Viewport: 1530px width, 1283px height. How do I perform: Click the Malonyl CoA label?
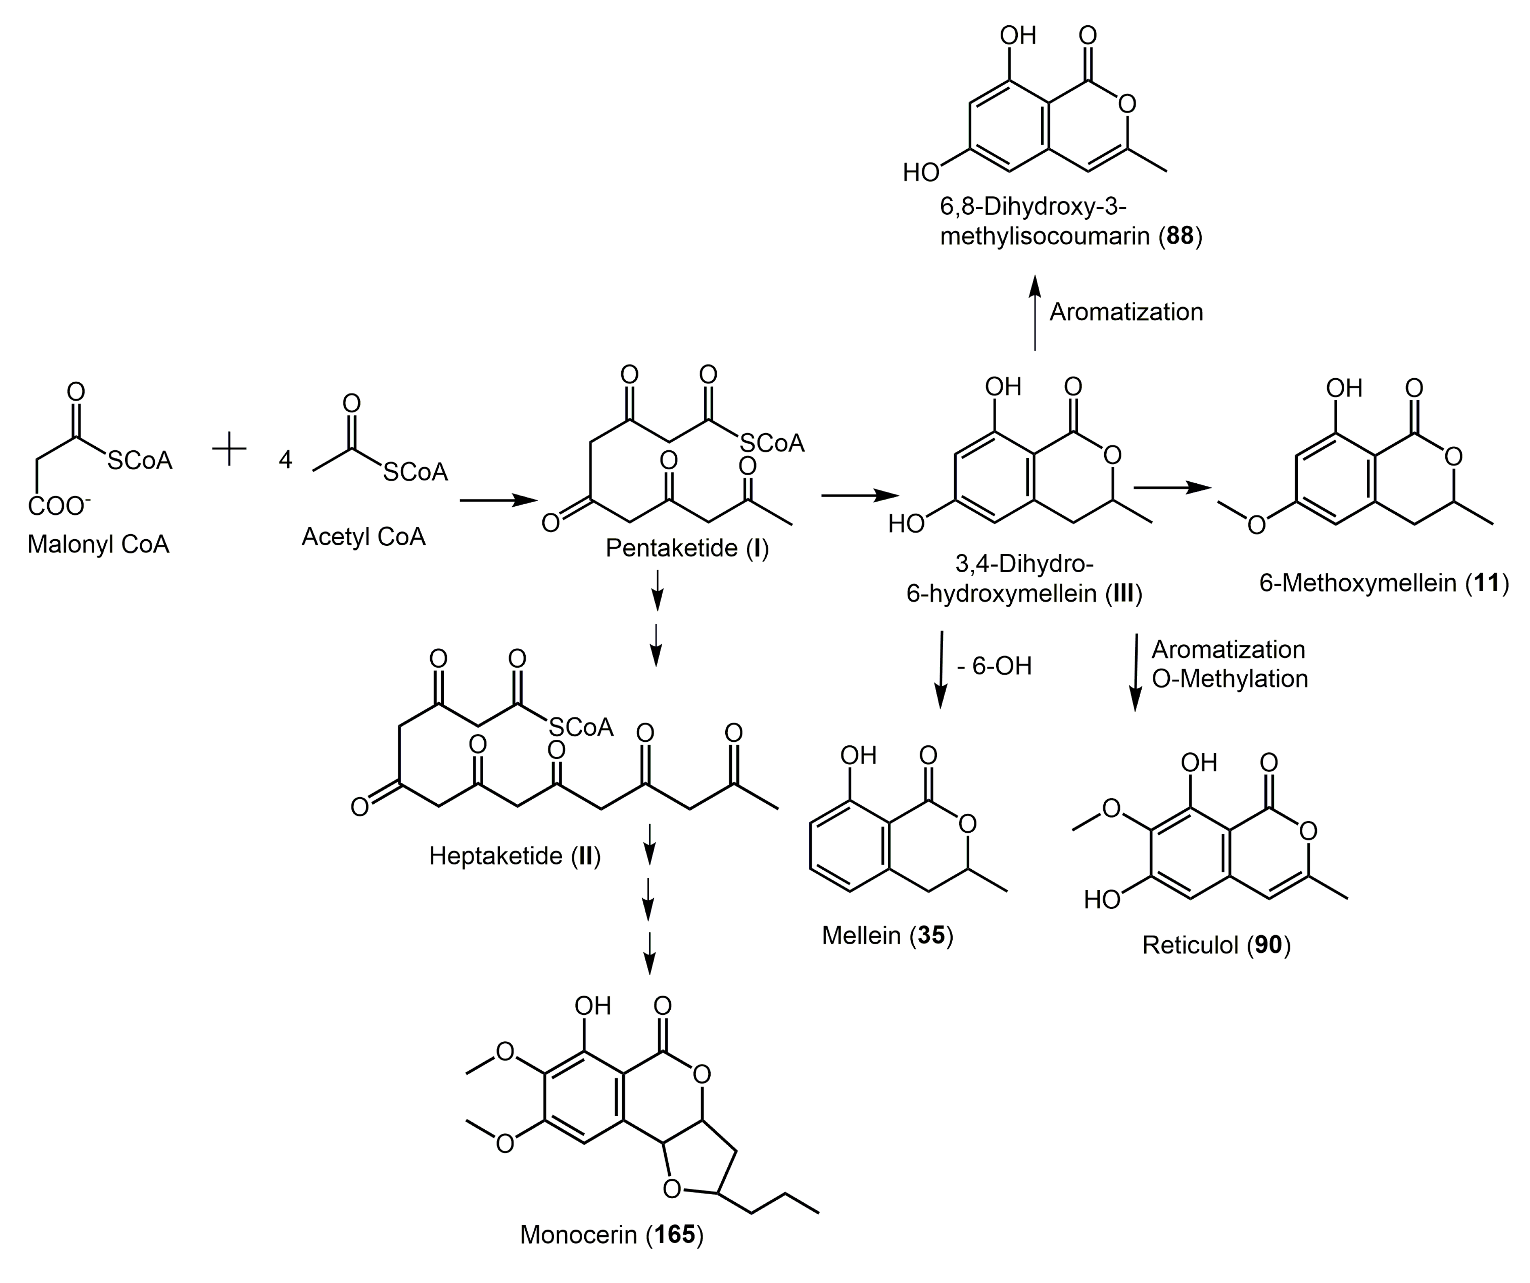(x=98, y=544)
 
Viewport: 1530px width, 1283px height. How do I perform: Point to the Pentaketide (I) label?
(x=687, y=548)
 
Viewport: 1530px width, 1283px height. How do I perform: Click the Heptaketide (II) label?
(x=514, y=855)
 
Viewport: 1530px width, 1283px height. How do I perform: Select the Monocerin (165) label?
(x=612, y=1235)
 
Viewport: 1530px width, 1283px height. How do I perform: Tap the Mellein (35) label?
(x=887, y=935)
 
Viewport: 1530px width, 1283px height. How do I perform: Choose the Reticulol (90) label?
(x=1216, y=945)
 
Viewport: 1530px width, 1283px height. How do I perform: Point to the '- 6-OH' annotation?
(x=995, y=666)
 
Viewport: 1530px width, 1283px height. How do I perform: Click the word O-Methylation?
(x=1230, y=679)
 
